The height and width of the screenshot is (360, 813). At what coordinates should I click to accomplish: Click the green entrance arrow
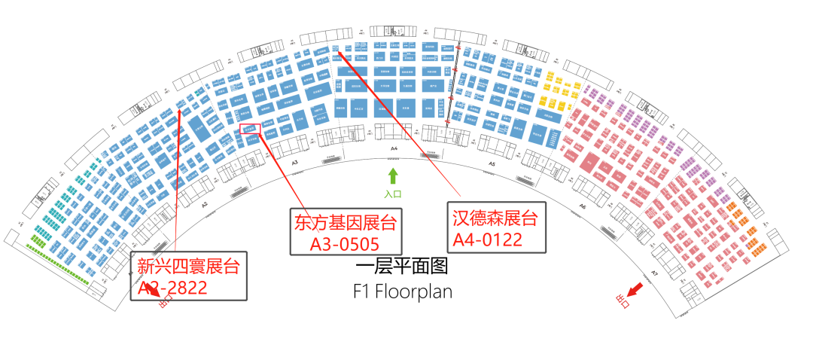(x=392, y=177)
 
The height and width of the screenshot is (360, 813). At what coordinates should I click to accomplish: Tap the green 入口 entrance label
(x=393, y=194)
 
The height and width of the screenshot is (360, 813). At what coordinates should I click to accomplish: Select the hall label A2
(x=204, y=205)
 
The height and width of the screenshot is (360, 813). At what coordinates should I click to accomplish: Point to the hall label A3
(x=294, y=163)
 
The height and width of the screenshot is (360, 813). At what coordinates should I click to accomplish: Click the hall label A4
(x=393, y=150)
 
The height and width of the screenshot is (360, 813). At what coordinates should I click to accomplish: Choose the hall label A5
(x=492, y=163)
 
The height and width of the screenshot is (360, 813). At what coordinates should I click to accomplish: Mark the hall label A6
(x=582, y=205)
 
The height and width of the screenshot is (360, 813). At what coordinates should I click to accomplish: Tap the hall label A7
(x=655, y=272)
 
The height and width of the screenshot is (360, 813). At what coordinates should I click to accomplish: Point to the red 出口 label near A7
(x=622, y=301)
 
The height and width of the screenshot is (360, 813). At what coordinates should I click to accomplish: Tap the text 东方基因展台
(x=346, y=222)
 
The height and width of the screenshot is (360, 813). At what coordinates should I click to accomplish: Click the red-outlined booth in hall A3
(x=251, y=130)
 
